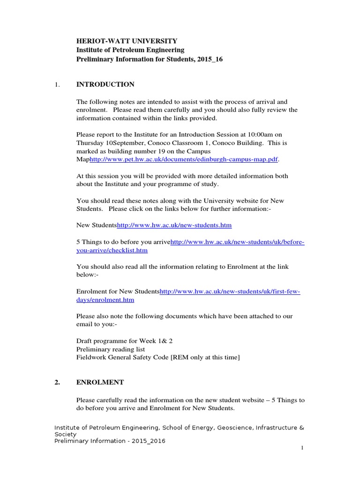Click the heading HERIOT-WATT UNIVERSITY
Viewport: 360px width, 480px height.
(127, 41)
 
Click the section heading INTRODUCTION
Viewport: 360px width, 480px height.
(105, 84)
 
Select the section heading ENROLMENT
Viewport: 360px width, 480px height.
(100, 382)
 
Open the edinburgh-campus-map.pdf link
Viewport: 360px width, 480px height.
(184, 159)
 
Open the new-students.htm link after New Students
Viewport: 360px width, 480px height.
(174, 225)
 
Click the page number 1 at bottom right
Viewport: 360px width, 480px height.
(303, 448)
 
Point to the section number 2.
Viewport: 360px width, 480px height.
(57, 382)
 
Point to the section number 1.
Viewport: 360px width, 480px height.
(57, 84)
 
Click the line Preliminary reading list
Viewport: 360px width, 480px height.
(111, 349)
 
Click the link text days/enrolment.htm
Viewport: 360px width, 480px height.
(105, 300)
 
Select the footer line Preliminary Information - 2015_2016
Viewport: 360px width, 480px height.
(110, 441)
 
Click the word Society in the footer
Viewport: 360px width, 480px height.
(65, 435)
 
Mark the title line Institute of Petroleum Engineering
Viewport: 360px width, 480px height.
(130, 50)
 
